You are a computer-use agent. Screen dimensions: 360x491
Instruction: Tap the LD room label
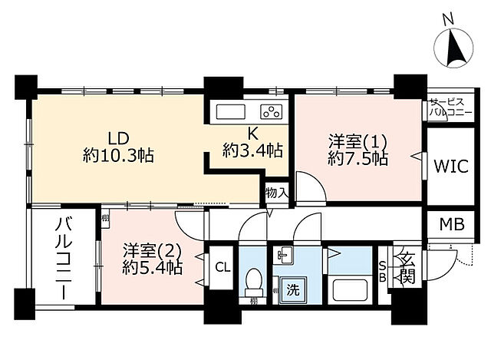pos(117,139)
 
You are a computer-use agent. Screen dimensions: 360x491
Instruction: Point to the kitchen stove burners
pos(270,111)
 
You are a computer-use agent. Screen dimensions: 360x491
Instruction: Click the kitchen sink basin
pos(231,111)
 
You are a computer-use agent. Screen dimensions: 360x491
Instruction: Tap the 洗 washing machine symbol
pos(292,291)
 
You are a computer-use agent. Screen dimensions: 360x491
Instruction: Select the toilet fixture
pos(252,285)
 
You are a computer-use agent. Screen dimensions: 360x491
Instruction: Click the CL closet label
pos(222,268)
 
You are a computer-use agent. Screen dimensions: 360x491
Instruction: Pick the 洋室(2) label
pos(152,250)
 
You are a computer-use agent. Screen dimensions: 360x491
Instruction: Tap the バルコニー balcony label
pos(62,257)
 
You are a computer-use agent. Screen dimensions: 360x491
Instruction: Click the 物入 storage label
pos(276,193)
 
